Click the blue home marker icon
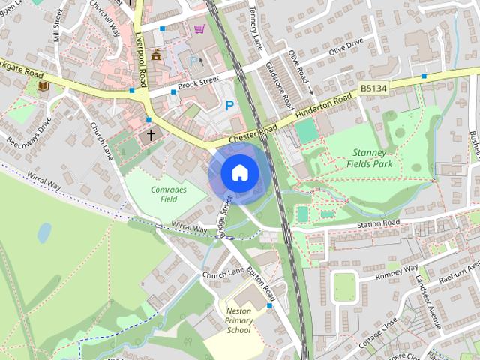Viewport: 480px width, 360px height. point(238,172)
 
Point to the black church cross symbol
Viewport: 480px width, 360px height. point(151,135)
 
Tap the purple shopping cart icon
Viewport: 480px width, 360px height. point(199,29)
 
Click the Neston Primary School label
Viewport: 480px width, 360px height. point(238,320)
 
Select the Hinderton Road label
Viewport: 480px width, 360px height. point(324,106)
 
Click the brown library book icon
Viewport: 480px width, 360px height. point(42,88)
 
